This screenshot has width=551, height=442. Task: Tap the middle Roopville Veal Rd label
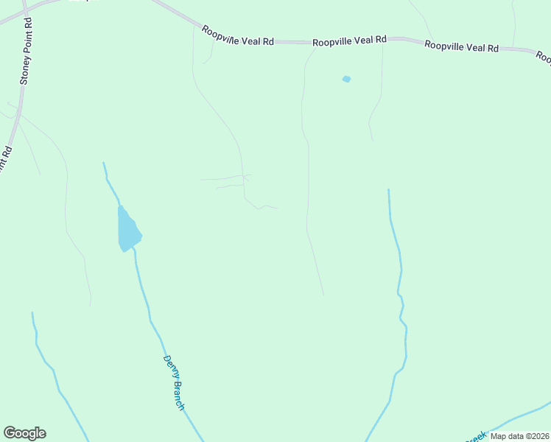tap(349, 41)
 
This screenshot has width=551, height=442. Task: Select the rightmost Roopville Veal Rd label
tap(461, 46)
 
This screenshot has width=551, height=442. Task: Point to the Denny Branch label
tap(173, 382)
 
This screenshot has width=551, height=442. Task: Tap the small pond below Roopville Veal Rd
tap(346, 79)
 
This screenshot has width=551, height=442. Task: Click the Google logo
tap(24, 433)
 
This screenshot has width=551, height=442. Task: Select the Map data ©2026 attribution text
tap(519, 436)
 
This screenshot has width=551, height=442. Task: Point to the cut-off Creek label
tap(475, 436)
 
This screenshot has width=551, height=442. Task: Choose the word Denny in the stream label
tap(169, 366)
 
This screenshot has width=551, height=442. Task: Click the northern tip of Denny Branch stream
tap(103, 163)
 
